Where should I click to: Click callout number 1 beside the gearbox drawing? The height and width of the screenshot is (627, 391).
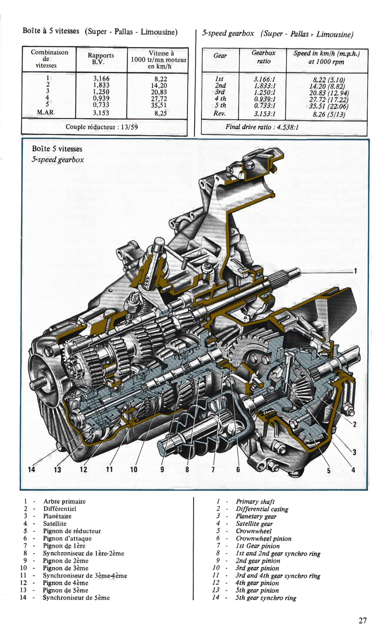(355, 270)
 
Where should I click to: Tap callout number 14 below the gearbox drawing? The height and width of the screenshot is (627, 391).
(32, 469)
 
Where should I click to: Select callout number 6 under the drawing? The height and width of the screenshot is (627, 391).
(238, 470)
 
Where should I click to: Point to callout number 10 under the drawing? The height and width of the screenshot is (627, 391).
(134, 470)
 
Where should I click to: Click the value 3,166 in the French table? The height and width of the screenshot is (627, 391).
(101, 78)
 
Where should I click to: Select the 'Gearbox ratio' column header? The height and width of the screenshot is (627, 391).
(263, 57)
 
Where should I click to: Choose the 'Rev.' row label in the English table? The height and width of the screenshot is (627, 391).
(220, 114)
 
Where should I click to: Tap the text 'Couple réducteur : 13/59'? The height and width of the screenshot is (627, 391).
(101, 127)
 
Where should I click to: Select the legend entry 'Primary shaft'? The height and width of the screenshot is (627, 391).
(255, 501)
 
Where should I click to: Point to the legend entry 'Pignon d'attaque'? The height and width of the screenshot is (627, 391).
(67, 538)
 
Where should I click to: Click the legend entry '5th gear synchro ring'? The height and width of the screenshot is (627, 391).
(266, 598)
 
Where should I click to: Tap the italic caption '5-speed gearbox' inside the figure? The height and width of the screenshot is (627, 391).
(58, 160)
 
